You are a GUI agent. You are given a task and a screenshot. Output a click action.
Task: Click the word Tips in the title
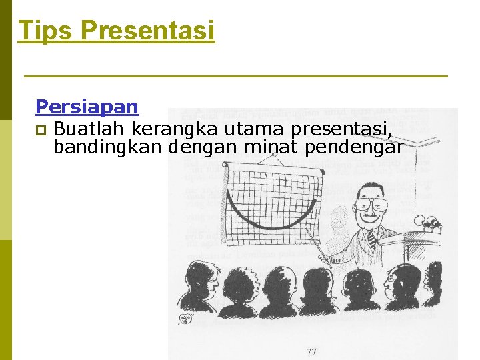tap(45, 31)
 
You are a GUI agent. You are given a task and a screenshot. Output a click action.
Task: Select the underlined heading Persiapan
tap(87, 107)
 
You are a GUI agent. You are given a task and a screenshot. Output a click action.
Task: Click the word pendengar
tap(354, 147)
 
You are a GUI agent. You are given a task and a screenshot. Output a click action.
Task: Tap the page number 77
tap(312, 351)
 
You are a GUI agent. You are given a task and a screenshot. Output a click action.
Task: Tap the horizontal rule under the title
tap(235, 77)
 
